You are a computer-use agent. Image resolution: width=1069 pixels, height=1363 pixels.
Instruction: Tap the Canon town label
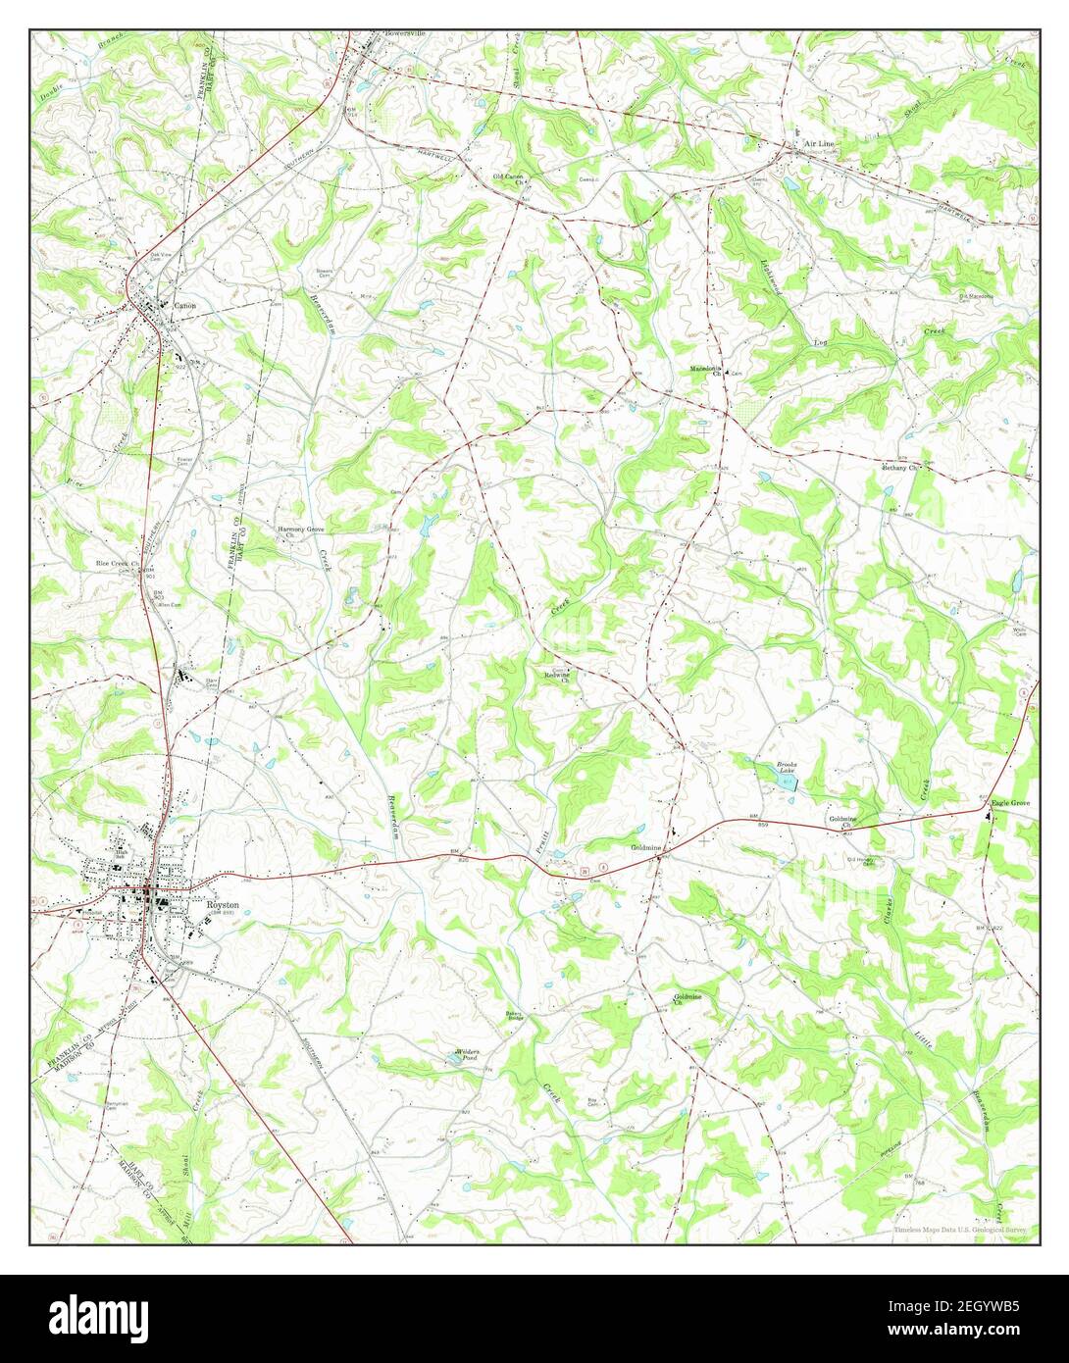coord(184,306)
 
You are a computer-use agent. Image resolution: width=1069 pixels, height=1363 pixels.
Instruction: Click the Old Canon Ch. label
coord(508,178)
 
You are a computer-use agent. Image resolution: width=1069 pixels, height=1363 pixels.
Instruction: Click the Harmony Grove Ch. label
coord(300,530)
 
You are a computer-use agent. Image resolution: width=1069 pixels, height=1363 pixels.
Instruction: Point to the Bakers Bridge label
coord(516,1016)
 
